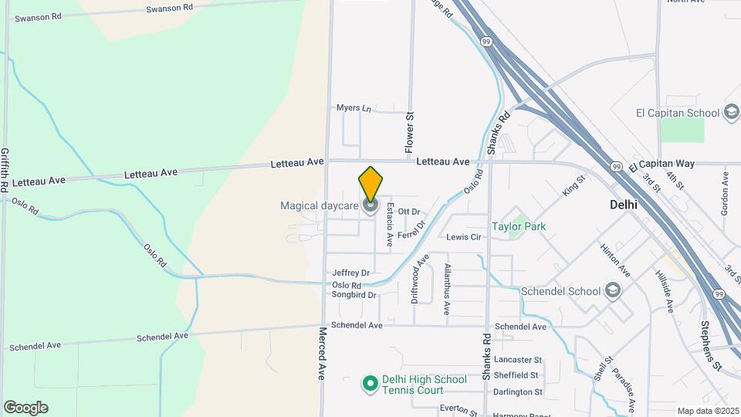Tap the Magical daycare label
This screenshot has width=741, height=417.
(x=319, y=205)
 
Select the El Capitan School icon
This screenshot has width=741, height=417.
(x=731, y=113)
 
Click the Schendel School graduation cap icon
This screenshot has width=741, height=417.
(x=613, y=290)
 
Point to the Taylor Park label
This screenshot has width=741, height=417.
(x=519, y=227)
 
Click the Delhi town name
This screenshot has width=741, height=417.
(x=624, y=206)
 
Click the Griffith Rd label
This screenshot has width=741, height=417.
(x=5, y=170)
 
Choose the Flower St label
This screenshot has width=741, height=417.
(x=410, y=131)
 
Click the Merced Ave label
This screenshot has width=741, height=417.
(x=323, y=353)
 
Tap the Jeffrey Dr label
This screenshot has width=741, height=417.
(x=351, y=273)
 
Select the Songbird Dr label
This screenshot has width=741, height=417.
(x=354, y=295)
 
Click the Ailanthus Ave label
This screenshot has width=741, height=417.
(x=446, y=289)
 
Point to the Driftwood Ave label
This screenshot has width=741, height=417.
(x=420, y=279)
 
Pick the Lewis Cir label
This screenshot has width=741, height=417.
(x=464, y=237)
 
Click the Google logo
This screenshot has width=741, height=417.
(x=25, y=408)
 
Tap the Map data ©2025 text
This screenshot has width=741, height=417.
(x=707, y=411)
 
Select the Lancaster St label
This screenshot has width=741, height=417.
(x=519, y=360)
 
